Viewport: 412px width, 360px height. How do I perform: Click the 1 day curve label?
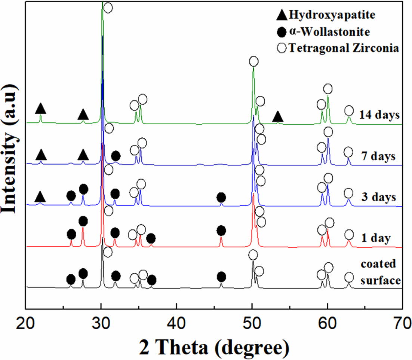tap(376, 238)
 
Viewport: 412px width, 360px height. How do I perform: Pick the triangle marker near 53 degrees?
tap(277, 117)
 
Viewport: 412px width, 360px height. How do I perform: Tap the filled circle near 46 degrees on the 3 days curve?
tap(221, 197)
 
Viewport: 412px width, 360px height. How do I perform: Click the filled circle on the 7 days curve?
tap(116, 156)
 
